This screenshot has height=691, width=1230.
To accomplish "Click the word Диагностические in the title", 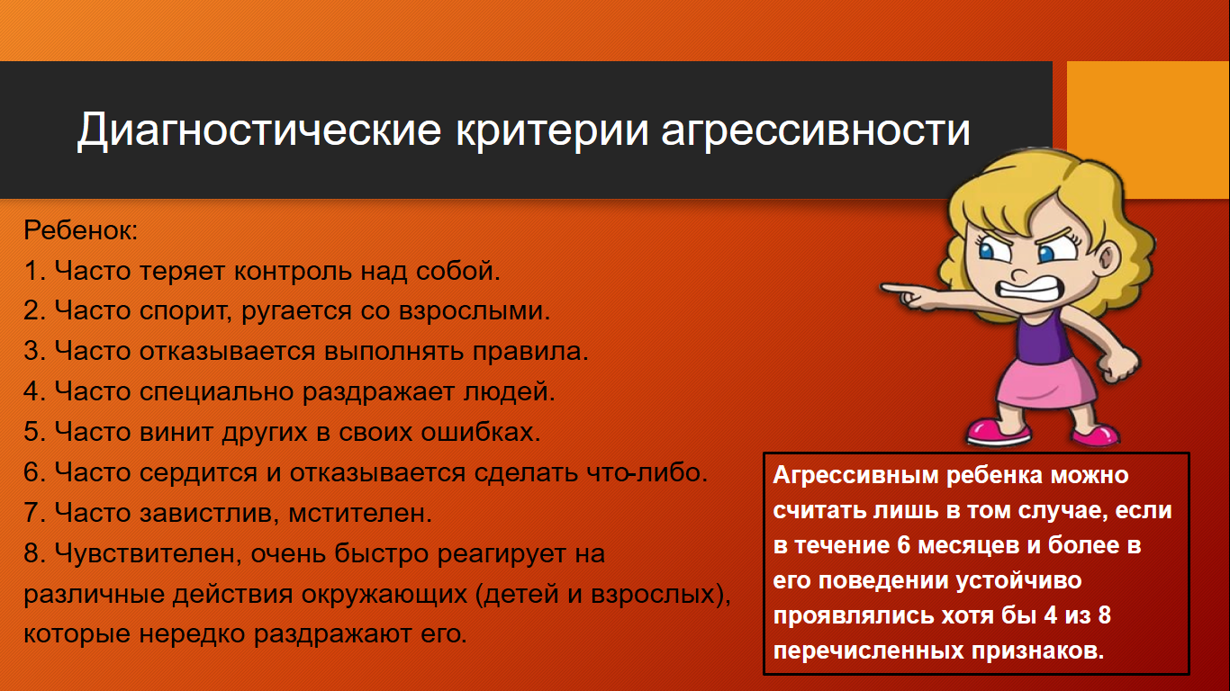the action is (x=258, y=130).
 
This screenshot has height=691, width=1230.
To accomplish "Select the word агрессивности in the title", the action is (x=816, y=131).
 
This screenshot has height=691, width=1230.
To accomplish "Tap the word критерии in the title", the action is (x=552, y=131).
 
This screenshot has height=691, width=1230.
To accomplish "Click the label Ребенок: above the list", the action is (x=81, y=230).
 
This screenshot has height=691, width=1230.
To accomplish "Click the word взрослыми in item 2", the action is (x=474, y=311).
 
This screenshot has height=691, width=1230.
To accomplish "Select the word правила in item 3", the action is (x=529, y=352).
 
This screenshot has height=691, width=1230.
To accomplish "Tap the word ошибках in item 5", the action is (x=481, y=432).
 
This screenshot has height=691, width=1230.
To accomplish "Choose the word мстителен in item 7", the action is (x=359, y=513).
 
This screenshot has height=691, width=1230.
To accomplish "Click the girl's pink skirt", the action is (x=1045, y=383).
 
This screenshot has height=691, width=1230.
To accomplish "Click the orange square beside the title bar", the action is (x=1148, y=130).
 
